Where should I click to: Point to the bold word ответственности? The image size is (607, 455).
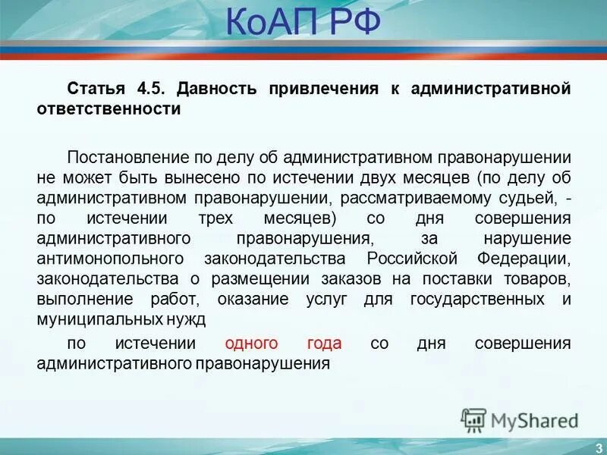coord(109,109)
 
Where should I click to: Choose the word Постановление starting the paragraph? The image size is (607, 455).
coord(116,158)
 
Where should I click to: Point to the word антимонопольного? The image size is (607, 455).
coord(112,259)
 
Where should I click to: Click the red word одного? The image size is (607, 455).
coord(251,344)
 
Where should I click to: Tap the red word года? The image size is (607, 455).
coord(324,344)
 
